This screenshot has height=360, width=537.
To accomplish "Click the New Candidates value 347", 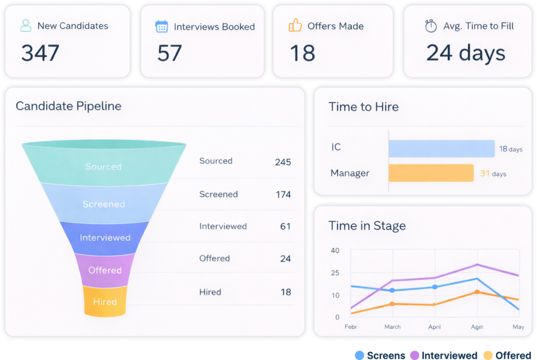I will (40, 53).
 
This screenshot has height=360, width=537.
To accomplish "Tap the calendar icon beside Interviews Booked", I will (162, 26).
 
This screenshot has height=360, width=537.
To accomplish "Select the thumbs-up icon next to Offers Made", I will (295, 26).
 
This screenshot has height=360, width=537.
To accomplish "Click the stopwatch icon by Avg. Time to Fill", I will (431, 26).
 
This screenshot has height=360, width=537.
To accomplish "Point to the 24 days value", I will (466, 53).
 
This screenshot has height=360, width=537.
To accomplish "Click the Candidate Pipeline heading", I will (68, 106).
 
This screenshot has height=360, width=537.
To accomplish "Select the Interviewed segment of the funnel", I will (105, 237).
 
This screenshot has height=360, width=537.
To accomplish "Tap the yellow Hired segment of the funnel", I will (105, 302).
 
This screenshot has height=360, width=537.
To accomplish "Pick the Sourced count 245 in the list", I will (283, 162).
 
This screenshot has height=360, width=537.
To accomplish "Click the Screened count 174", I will (283, 195).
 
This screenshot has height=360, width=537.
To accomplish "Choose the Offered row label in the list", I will (214, 258).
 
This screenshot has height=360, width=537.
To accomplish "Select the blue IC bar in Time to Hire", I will (441, 149).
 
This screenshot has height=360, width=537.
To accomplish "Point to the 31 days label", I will (493, 174).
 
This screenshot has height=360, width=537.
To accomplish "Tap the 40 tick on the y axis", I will (335, 250).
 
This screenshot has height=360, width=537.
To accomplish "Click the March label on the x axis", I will (392, 327).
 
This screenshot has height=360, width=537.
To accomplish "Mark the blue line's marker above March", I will (392, 290).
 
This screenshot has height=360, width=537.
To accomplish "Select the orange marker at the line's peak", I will (477, 292).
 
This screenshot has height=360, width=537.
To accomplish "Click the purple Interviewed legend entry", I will (444, 355).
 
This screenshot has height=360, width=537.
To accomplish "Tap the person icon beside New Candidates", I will (26, 26).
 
